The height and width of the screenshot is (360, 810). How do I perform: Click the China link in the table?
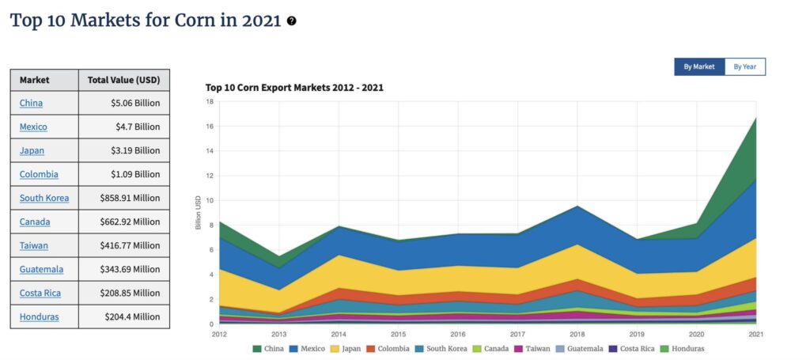[x=31, y=103]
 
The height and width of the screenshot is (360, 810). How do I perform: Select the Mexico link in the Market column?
[x=33, y=127]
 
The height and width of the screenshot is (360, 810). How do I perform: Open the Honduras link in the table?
[x=39, y=316]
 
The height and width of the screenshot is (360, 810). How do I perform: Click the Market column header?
[x=34, y=80]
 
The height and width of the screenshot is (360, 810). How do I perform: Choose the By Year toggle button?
[x=744, y=67]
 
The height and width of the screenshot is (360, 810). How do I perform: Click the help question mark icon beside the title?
[x=292, y=21]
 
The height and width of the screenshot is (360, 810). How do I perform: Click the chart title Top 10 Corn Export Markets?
[x=294, y=87]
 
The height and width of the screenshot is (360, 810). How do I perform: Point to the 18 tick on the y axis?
[x=210, y=102]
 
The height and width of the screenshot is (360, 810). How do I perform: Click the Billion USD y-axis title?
[x=199, y=214]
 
